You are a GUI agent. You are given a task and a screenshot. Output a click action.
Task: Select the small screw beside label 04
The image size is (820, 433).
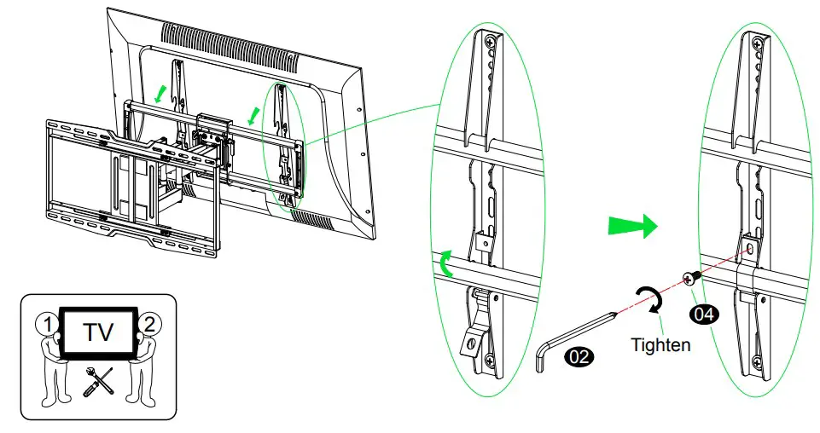pos(692,277)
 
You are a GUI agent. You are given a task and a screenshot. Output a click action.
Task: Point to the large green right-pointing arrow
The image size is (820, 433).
pos(632,225)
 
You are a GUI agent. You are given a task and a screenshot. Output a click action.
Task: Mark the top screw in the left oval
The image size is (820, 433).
pos(491,40)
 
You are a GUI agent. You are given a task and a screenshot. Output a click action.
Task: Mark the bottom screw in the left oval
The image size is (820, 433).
pos(490,361)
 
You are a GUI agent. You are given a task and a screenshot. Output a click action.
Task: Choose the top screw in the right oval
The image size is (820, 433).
pos(758,39)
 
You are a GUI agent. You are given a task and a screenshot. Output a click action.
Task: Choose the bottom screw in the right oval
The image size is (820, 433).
pos(758,361)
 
